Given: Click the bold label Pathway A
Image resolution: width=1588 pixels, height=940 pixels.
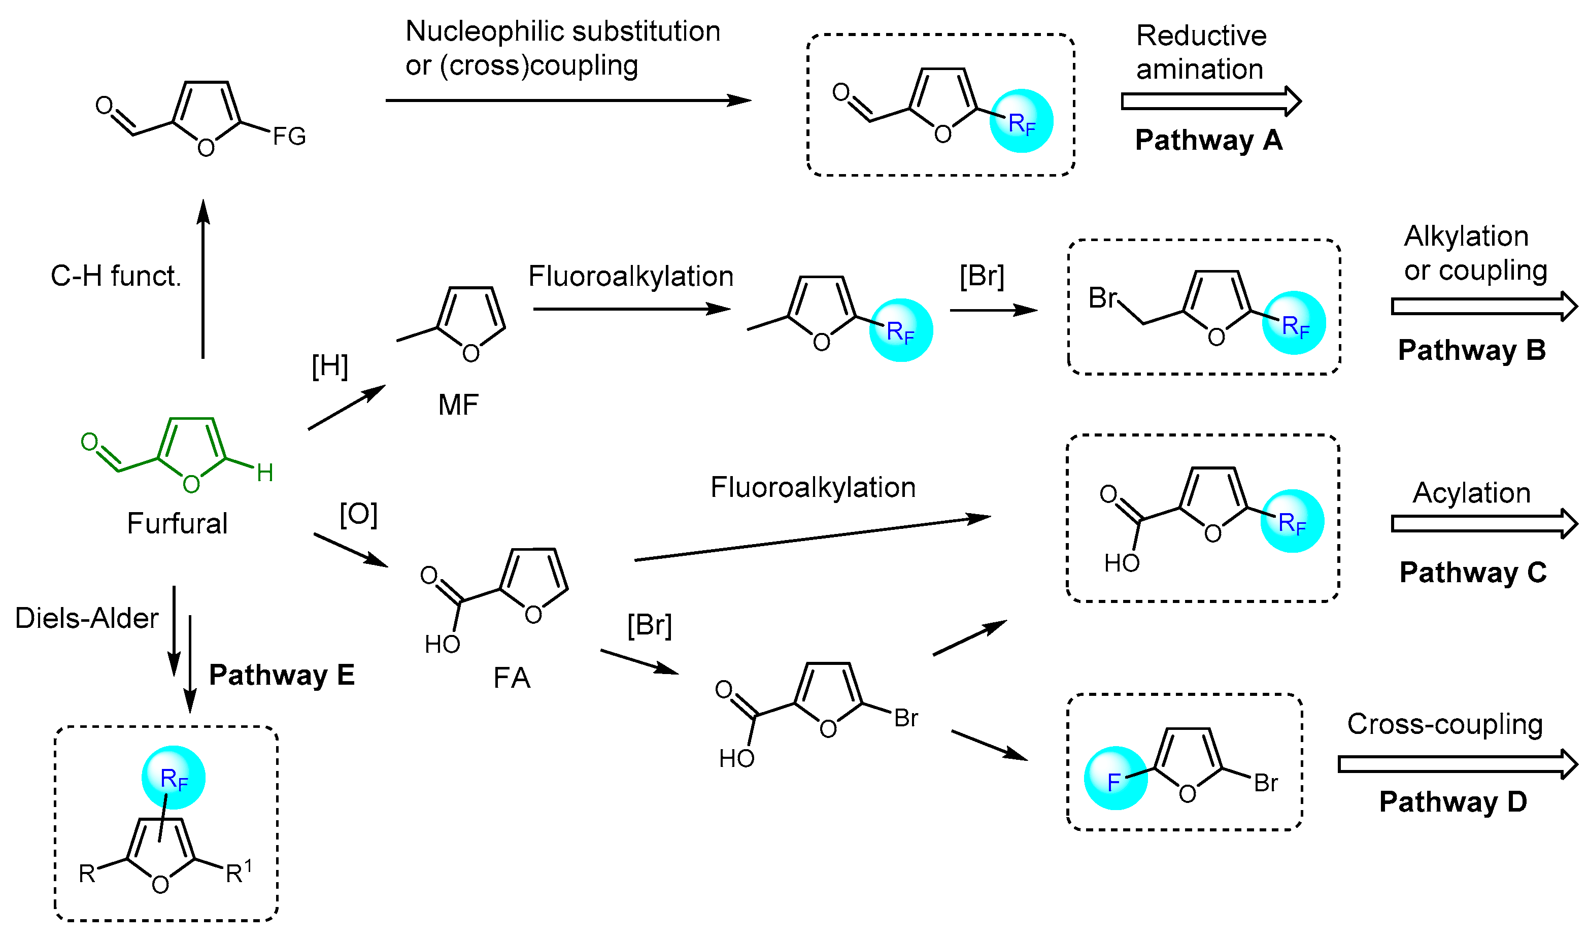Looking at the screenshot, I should [1208, 140].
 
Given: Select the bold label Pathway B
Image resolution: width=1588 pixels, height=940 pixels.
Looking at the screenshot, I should [1471, 350].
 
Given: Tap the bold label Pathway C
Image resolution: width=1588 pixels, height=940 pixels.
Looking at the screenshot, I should [1473, 573].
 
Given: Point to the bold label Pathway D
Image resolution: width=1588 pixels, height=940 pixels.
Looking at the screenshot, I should [1453, 802].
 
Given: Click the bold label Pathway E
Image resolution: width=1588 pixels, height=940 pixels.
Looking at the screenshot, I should [282, 675].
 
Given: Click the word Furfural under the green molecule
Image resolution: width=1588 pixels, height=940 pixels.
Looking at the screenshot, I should [177, 523].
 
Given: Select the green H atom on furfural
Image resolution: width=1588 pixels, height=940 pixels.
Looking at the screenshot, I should [265, 473].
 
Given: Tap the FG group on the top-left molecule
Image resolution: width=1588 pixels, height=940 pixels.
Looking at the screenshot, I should [289, 136].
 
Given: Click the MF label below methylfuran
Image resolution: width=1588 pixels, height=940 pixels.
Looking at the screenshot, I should [458, 405].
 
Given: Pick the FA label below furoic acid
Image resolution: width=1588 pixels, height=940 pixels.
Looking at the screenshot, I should [512, 679].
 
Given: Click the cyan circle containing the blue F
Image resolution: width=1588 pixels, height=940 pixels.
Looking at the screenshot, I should [1116, 779].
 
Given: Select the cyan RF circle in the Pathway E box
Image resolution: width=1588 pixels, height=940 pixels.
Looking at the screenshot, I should [174, 778].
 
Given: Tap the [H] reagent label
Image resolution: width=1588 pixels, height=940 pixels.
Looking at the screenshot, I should [330, 366].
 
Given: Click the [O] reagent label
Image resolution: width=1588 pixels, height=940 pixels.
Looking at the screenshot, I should [358, 514].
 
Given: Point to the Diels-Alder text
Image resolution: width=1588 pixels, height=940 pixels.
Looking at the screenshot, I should [87, 618].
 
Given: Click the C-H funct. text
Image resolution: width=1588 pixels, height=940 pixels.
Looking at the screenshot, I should [116, 276].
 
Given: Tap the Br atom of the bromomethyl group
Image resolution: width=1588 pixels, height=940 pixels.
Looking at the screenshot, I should [1102, 298].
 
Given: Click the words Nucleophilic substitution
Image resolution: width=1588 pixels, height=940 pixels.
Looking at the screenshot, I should [562, 31].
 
